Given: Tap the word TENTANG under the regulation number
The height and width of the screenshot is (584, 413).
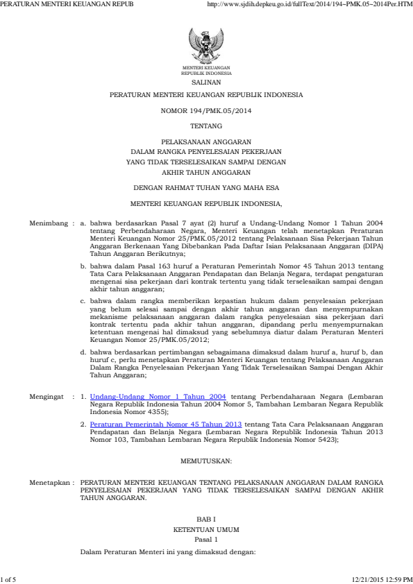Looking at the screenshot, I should click(x=206, y=126).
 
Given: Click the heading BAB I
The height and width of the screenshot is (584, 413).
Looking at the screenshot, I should click(x=206, y=519).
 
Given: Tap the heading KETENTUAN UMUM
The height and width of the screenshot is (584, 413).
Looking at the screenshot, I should click(x=206, y=529).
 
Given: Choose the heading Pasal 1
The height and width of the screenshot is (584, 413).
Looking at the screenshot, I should click(x=206, y=539).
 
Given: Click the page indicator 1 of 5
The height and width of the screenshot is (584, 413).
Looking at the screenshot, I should click(x=12, y=577).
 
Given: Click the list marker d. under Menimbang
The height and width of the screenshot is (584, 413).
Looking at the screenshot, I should click(x=83, y=353).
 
